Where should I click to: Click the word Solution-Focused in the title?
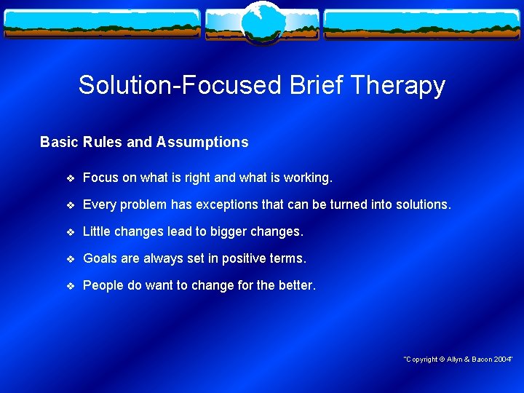pos(179,85)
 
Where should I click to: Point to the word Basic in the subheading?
pos(59,143)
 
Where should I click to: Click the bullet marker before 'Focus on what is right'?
pos(70,178)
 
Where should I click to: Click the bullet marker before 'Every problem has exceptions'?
pos(70,205)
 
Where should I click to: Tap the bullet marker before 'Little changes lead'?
pos(70,232)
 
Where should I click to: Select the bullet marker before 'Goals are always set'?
pos(70,259)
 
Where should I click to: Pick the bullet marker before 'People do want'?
pos(70,286)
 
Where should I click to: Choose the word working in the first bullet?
pos(308,178)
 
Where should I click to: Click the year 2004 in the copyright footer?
pos(501,360)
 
